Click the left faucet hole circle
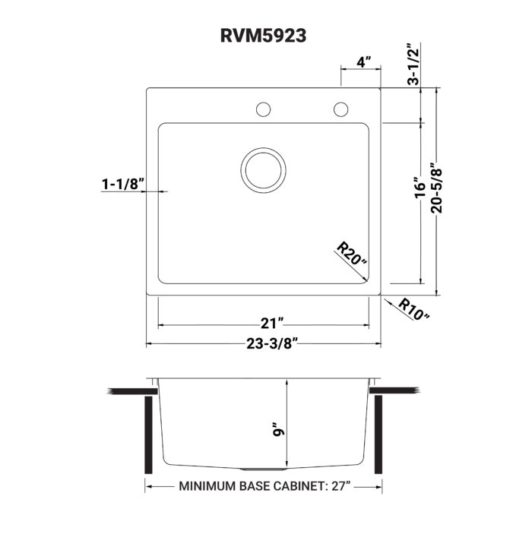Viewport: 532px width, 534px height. tap(263, 109)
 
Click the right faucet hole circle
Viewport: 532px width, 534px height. tap(340, 109)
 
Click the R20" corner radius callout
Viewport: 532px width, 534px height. tap(351, 254)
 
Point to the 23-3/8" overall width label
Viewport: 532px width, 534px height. tap(263, 343)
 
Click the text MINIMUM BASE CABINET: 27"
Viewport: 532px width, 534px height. tap(263, 487)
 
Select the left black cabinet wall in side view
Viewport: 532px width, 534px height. tap(149, 434)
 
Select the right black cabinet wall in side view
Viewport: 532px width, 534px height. tap(378, 434)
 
